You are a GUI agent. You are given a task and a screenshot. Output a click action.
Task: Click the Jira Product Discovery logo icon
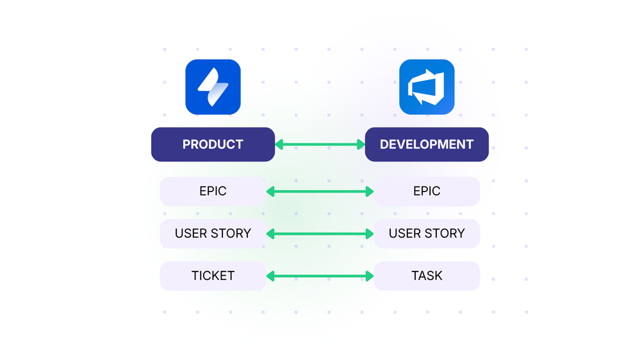coord(213,87)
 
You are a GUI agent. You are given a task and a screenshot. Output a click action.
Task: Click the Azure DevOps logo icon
coord(427,87)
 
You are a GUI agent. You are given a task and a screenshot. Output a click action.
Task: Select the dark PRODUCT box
coord(213,144)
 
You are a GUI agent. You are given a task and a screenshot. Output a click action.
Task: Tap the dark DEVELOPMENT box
coord(427,144)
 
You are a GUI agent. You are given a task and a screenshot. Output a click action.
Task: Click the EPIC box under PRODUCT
coord(213,191)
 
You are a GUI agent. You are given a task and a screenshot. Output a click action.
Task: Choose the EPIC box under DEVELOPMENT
coord(427,191)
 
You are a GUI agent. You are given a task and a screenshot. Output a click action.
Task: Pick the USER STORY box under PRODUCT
coord(213,233)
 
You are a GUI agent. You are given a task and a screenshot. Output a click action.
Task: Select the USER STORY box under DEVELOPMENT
coord(427,233)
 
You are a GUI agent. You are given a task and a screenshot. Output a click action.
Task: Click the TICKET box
coord(213,276)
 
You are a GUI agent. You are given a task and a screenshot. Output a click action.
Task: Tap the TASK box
coord(427,276)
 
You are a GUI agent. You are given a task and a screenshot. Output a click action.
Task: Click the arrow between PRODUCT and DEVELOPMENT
coord(320,145)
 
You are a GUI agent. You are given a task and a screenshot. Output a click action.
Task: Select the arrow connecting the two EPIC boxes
coord(320,191)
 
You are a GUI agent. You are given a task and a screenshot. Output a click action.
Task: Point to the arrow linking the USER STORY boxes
coord(320,234)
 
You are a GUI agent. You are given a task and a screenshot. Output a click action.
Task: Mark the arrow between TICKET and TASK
coord(320,276)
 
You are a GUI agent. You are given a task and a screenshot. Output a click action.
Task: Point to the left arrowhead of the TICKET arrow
coord(270,276)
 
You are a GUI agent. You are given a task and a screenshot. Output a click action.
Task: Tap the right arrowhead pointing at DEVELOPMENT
coord(361,145)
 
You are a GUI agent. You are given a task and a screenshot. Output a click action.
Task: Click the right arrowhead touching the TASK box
coord(370,276)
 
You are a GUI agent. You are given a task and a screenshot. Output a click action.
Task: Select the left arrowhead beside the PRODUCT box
coord(279,145)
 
